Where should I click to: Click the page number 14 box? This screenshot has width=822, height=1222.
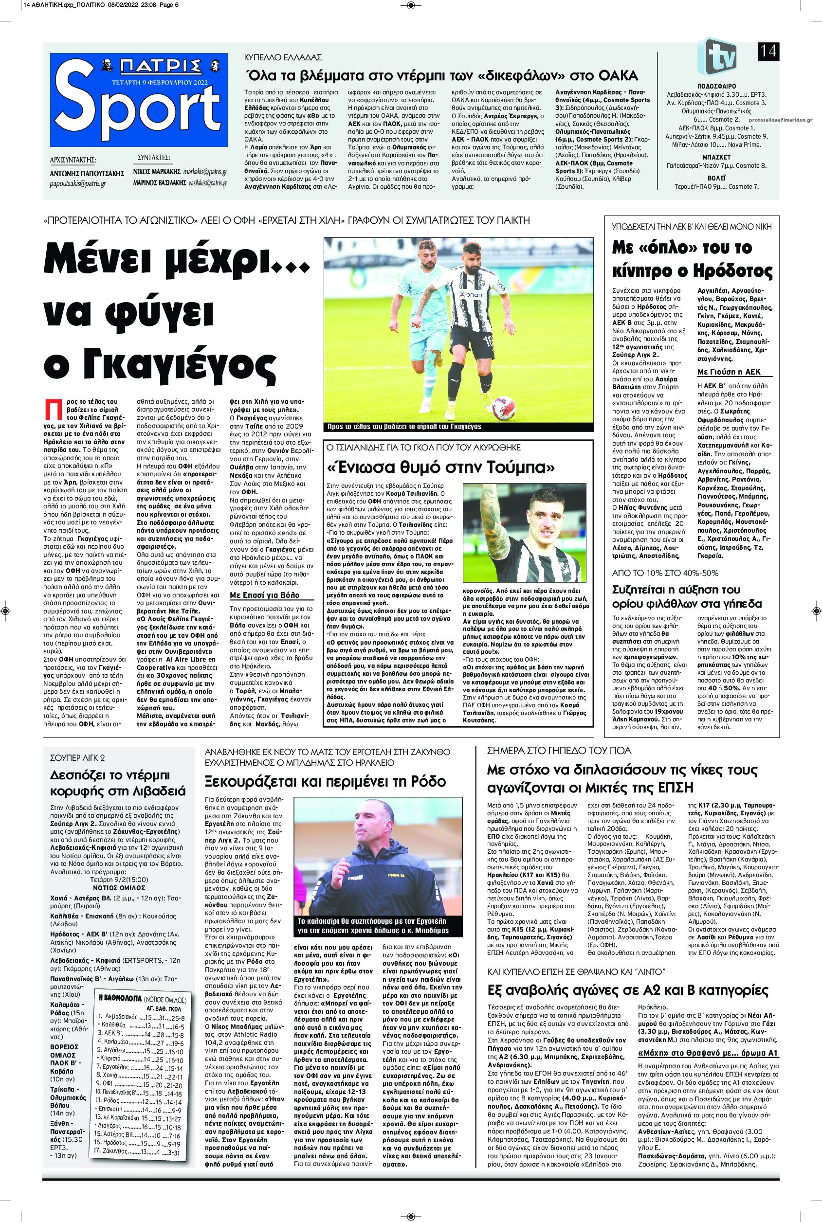768,52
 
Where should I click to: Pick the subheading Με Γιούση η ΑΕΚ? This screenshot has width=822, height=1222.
728,372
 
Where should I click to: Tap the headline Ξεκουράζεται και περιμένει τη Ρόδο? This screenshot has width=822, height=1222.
326,782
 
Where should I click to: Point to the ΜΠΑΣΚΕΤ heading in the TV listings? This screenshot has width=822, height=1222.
716,157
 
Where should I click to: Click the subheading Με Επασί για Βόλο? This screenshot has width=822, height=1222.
265,595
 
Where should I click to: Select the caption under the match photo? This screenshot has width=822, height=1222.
403,427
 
